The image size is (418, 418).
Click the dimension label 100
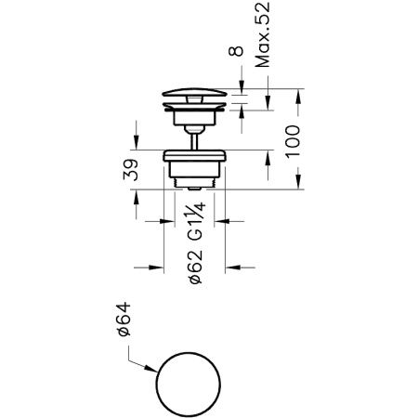[x=293, y=142]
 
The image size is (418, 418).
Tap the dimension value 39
[x=130, y=170]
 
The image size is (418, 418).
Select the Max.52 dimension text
[x=262, y=34]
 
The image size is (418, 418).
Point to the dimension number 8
[x=236, y=51]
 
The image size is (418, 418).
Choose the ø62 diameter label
[x=196, y=267]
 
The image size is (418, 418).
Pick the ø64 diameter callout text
[x=124, y=320]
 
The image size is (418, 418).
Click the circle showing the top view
[x=189, y=352]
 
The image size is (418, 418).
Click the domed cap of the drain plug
[x=195, y=92]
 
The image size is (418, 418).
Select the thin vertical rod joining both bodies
[x=194, y=142]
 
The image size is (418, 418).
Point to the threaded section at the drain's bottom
[x=194, y=183]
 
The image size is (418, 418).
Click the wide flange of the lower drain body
[x=194, y=156]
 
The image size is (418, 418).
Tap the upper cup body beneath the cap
[x=194, y=118]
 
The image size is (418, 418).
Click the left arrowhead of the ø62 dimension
[x=156, y=268]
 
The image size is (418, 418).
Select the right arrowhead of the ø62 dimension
[x=232, y=268]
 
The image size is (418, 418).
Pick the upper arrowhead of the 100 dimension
[x=297, y=96]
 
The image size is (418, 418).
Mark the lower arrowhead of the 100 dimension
[x=297, y=182]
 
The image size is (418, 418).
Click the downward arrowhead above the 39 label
[x=136, y=143]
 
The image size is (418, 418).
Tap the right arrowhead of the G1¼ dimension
[x=221, y=221]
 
